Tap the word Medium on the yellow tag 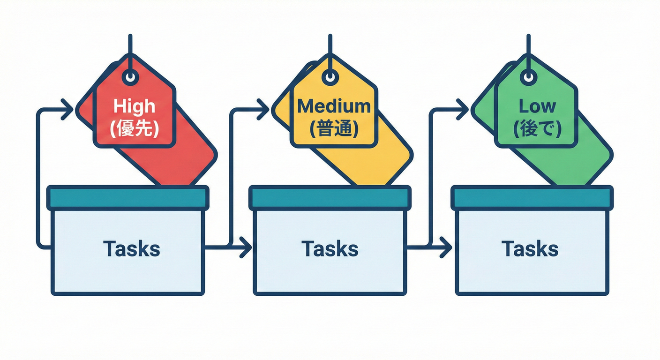tap(334, 106)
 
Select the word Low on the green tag tap(537, 106)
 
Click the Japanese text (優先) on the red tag tap(134, 128)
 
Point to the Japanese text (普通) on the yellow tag tap(334, 128)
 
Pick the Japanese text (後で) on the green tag tap(537, 128)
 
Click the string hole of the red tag tap(130, 76)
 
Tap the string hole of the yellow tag tap(331, 76)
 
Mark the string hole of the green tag tap(529, 76)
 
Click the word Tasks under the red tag tap(132, 248)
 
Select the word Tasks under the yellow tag tap(330, 248)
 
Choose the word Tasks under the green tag tap(530, 248)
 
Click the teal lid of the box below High tap(127, 198)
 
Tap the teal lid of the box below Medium tap(330, 198)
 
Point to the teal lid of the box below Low tap(532, 198)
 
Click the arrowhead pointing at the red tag tap(68, 110)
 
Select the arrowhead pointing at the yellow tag tap(264, 110)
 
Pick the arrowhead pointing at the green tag tap(463, 110)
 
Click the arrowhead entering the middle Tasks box tap(246, 247)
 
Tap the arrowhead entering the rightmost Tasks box tap(446, 247)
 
